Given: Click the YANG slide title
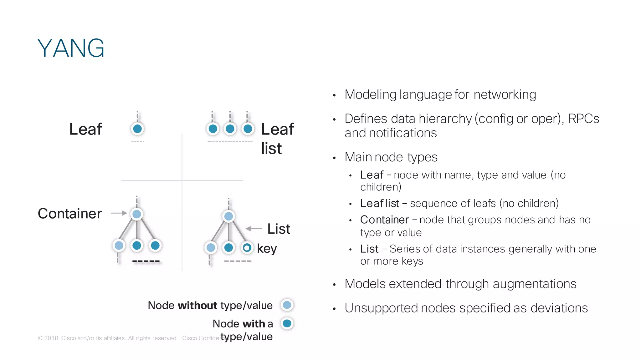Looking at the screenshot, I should (71, 48).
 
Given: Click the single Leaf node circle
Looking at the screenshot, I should (137, 129).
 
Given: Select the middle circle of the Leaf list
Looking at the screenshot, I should (230, 129).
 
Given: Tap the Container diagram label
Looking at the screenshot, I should (70, 214).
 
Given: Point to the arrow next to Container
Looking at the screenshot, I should (119, 213).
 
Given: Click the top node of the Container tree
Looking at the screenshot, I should (137, 214).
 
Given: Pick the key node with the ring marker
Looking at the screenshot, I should (247, 248).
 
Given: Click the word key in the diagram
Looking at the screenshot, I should (267, 249).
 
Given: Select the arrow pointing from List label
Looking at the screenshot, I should (254, 229).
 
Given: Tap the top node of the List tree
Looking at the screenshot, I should (228, 216).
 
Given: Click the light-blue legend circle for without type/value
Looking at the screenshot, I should (287, 305).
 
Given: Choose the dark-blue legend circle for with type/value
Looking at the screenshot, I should (287, 323).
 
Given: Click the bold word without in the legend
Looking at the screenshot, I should (197, 305).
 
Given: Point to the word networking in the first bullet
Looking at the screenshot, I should (505, 94).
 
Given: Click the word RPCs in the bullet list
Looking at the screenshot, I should (583, 119).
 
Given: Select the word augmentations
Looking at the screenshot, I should (534, 284).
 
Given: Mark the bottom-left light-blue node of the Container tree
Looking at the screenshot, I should (119, 246).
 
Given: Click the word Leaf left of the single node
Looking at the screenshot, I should (85, 129).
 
